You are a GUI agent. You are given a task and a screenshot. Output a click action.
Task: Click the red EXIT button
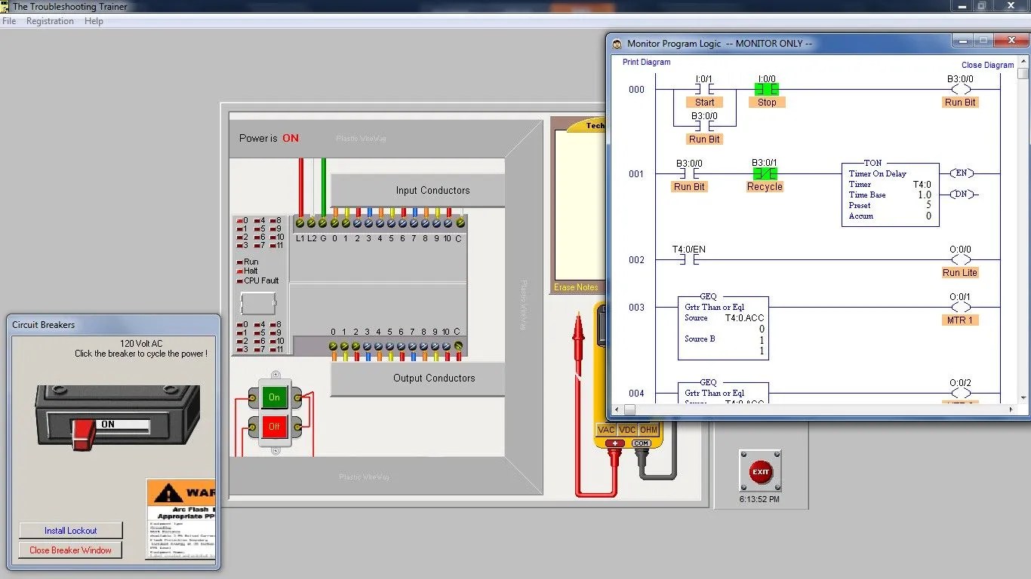(x=760, y=472)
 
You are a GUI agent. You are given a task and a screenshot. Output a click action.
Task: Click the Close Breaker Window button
(x=70, y=550)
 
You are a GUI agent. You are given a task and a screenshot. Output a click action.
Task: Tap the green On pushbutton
(x=274, y=397)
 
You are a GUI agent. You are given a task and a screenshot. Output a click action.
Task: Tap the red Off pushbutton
(x=274, y=427)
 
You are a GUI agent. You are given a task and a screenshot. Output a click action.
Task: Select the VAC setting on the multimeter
(x=606, y=430)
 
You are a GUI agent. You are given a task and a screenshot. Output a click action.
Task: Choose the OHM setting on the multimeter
(x=649, y=430)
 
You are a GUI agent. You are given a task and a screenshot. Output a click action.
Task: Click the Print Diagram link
(x=646, y=62)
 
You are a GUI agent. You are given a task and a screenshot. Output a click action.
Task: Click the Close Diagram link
(x=987, y=65)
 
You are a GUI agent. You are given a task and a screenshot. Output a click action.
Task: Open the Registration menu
(x=50, y=21)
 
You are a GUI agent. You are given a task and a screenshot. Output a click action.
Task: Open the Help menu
(x=94, y=21)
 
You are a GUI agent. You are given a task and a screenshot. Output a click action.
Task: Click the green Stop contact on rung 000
(x=766, y=90)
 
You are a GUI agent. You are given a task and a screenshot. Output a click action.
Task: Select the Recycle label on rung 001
(x=765, y=187)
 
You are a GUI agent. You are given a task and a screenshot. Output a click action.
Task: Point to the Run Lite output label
(x=959, y=273)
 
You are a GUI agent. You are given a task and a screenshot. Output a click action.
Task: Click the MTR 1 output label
(x=959, y=320)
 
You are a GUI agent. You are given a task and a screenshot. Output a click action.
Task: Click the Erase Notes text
(x=576, y=287)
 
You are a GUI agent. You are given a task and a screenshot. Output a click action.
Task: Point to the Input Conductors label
(x=432, y=191)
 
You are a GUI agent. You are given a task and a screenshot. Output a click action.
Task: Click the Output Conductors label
(x=434, y=378)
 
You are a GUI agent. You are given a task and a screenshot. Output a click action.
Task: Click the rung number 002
(x=637, y=260)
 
